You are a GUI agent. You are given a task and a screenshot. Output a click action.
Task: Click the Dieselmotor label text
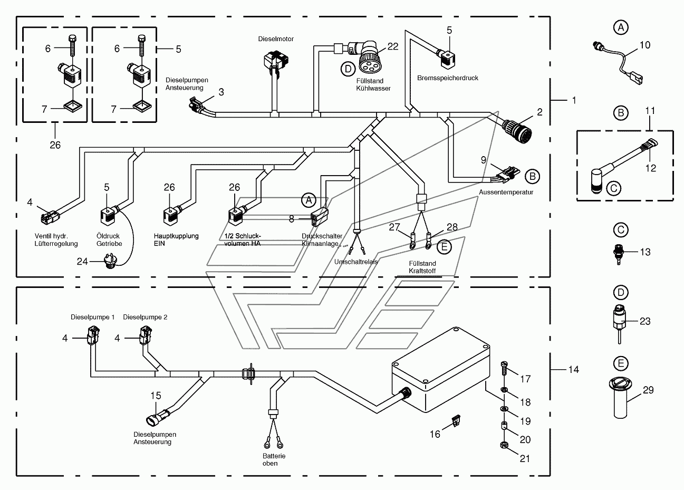(276, 39)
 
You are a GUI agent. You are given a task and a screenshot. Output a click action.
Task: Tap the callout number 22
(393, 46)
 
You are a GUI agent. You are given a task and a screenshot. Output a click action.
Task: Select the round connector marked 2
(517, 130)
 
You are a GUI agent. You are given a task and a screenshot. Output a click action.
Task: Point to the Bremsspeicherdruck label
(448, 78)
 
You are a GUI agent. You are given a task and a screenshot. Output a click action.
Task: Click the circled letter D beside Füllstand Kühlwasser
(348, 69)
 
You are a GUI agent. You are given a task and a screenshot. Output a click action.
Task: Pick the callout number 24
(82, 262)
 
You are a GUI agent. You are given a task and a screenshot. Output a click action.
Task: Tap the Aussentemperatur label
(506, 192)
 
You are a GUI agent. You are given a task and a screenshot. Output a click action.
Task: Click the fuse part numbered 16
(456, 420)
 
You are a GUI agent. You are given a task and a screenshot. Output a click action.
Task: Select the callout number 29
(648, 390)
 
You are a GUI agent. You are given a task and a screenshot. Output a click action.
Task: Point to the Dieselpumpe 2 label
(145, 317)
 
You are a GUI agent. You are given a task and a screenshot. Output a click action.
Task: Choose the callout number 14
(573, 370)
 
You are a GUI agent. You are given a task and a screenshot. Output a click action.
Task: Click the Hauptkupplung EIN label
(176, 239)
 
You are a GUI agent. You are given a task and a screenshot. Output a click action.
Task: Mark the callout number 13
(645, 252)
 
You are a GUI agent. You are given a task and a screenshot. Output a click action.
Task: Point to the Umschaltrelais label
(356, 262)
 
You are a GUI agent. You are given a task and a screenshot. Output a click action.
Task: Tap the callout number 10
(644, 45)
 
